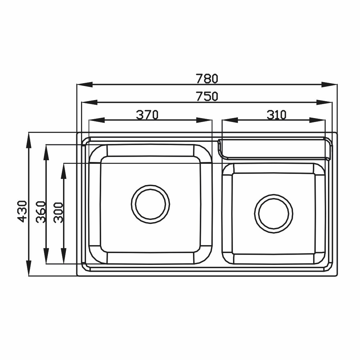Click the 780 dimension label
(x=207, y=78)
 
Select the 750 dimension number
(x=207, y=96)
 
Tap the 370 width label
(x=147, y=115)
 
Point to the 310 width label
(x=276, y=115)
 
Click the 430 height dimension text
(x=22, y=211)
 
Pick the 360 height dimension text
(x=41, y=212)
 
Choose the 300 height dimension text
(x=58, y=212)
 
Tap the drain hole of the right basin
(x=274, y=214)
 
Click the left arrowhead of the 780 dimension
(x=85, y=85)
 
